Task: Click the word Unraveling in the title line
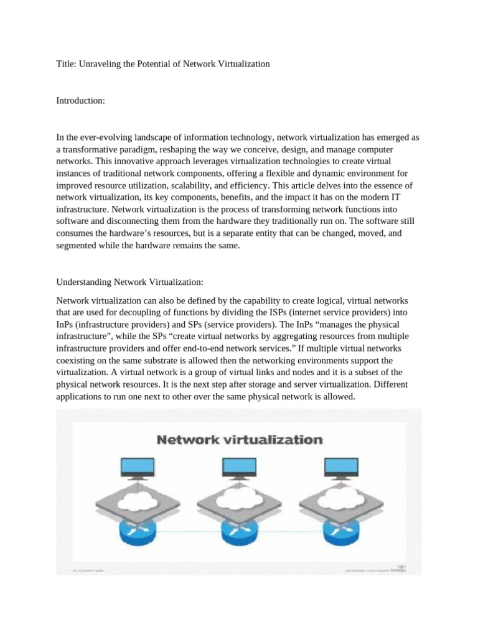pyautogui.click(x=103, y=63)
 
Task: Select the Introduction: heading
pyautogui.click(x=81, y=100)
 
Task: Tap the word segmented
pyautogui.click(x=76, y=244)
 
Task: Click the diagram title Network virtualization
pyautogui.click(x=240, y=440)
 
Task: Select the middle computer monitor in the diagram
pyautogui.click(x=239, y=467)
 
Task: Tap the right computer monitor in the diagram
pyautogui.click(x=342, y=467)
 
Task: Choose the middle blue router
pyautogui.click(x=239, y=529)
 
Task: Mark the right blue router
pyautogui.click(x=342, y=529)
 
